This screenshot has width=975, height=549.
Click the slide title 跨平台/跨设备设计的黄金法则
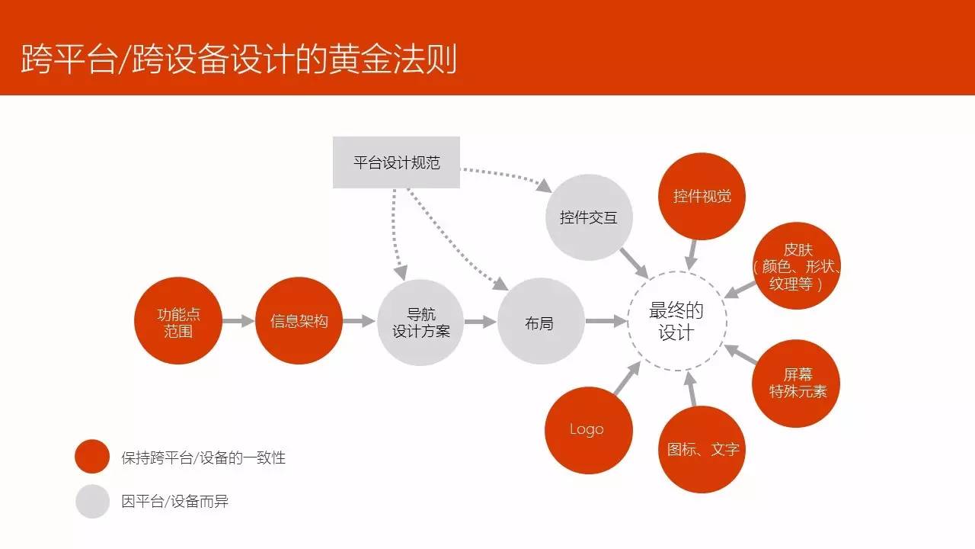(x=238, y=58)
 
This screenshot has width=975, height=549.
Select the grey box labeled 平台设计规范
(x=396, y=162)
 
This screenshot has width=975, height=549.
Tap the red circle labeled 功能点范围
(x=178, y=322)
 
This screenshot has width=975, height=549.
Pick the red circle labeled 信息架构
(x=299, y=321)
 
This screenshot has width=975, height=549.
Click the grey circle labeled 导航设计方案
(x=420, y=323)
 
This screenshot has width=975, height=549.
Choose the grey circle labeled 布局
(x=541, y=323)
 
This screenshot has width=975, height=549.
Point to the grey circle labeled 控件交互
(x=588, y=217)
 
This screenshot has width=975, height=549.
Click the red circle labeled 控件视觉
(x=702, y=196)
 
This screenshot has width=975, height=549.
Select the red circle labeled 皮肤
(x=797, y=266)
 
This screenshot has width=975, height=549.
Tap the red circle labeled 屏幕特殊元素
(x=797, y=383)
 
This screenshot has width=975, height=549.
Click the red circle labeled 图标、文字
(x=702, y=449)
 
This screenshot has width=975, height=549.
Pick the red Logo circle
(x=588, y=429)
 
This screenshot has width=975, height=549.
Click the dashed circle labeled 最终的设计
(x=676, y=323)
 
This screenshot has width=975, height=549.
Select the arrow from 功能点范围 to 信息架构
(x=238, y=322)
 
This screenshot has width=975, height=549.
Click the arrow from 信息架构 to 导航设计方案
(x=359, y=322)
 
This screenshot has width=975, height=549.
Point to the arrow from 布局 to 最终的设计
(x=606, y=322)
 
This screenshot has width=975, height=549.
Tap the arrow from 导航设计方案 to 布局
(x=480, y=322)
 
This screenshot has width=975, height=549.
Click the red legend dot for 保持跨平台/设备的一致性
(x=93, y=457)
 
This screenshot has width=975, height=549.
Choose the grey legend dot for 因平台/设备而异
(x=93, y=501)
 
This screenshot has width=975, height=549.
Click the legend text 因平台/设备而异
(x=174, y=501)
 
